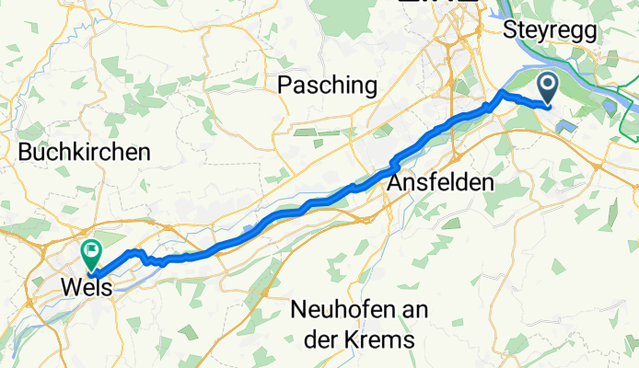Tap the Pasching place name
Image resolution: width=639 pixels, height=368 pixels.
[328, 86]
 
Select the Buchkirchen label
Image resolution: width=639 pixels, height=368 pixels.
[84, 153]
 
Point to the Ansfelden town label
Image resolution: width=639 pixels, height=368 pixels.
[440, 182]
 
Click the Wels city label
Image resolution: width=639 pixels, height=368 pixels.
[86, 287]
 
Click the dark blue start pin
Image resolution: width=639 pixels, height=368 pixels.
[548, 89]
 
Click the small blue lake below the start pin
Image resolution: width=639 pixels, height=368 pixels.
[563, 124]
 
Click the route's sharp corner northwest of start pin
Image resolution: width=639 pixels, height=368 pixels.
[501, 94]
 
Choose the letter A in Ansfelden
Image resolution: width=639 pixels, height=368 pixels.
[395, 182]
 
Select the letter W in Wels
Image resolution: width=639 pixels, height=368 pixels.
[69, 287]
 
